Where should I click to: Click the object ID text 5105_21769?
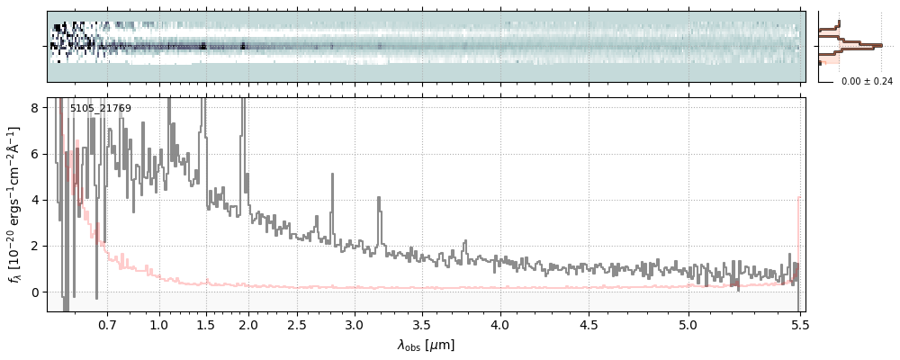pyautogui.click(x=101, y=109)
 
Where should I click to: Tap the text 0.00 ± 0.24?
pyautogui.click(x=867, y=81)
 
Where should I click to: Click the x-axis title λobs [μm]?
pyautogui.click(x=426, y=345)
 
